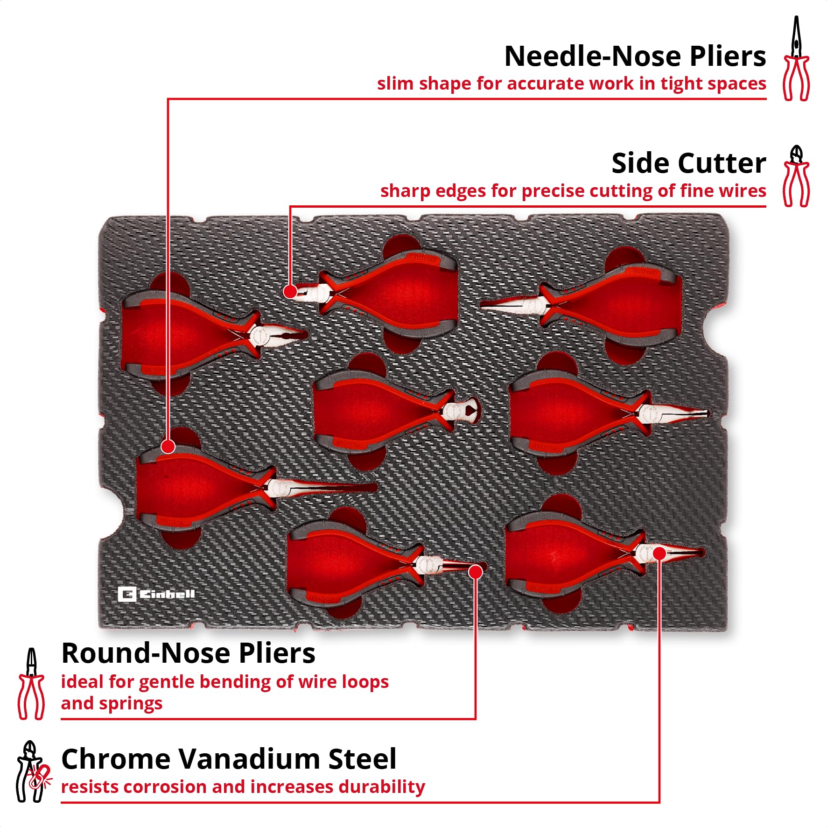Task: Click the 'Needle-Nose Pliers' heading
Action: pos(635,56)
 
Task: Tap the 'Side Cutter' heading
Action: pos(689,163)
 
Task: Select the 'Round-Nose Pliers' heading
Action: pos(188,653)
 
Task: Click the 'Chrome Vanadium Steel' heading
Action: pos(229,759)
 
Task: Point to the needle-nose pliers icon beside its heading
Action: pos(796,58)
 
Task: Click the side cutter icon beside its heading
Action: pos(796,176)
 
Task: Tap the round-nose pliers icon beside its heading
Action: pos(31,684)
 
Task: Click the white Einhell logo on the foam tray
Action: pos(156,594)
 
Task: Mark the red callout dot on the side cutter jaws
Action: pos(290,292)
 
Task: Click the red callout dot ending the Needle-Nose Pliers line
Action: pos(168,447)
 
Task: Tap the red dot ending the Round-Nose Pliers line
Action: pos(476,572)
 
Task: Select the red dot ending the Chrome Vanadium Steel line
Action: pos(659,554)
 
